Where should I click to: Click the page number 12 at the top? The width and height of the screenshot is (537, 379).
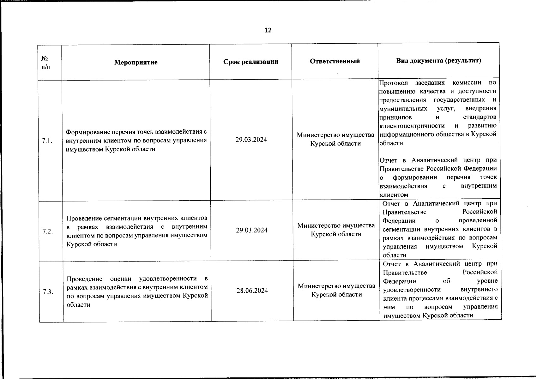268,30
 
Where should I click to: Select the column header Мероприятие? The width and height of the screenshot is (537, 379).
136,62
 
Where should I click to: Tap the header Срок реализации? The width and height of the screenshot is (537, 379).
251,62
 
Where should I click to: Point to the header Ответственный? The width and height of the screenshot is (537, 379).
335,61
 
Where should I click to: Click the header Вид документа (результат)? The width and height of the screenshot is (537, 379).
439,60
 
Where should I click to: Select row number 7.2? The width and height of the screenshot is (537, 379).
48,231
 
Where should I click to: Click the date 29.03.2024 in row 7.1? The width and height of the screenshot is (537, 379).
251,140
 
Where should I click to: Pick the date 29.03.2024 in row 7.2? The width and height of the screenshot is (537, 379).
252,230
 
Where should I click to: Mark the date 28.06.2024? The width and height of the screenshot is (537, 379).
252,291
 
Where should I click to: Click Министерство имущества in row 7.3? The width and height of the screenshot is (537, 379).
337,286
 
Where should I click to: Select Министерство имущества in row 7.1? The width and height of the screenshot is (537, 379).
335,135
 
